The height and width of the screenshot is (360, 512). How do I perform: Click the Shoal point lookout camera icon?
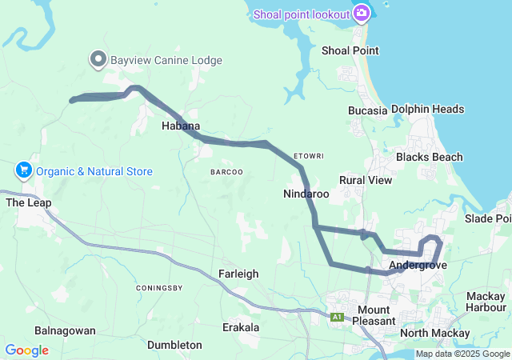(x=362, y=13)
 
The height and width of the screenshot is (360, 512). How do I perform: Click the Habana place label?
(x=181, y=126)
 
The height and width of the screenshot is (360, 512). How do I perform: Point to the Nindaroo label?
(x=306, y=194)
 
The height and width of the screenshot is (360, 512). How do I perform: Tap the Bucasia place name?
(x=368, y=110)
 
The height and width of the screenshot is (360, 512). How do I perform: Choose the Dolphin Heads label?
(x=438, y=110)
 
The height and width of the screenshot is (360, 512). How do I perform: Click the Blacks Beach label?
(x=429, y=157)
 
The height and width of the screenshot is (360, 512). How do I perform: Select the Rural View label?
(x=366, y=180)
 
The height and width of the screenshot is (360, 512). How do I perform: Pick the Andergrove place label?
(x=418, y=265)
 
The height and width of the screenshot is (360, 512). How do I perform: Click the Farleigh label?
(x=238, y=274)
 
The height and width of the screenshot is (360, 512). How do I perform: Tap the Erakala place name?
(x=240, y=327)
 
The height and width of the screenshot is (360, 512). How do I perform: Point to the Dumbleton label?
(x=174, y=345)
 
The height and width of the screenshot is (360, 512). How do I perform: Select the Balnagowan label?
(x=66, y=330)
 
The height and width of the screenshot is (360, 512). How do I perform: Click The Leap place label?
(x=29, y=202)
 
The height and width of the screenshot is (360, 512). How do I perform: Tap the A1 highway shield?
(x=337, y=318)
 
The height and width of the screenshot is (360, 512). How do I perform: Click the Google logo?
(x=26, y=350)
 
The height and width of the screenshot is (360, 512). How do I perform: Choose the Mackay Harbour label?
(x=486, y=302)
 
